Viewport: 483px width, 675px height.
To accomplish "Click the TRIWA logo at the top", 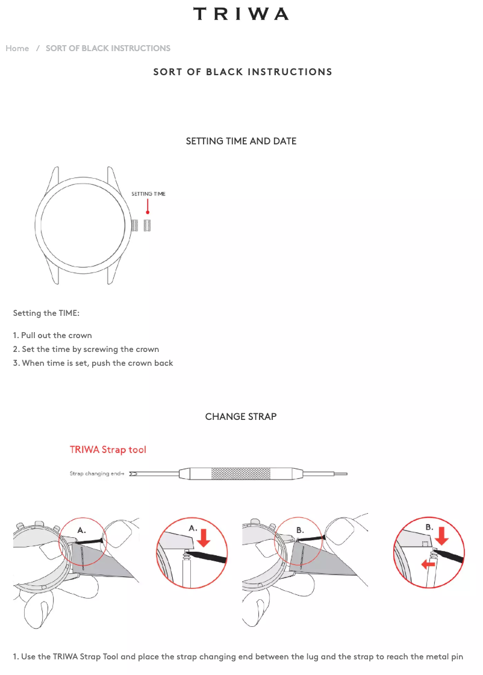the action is (241, 14).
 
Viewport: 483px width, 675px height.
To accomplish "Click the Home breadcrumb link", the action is (17, 48).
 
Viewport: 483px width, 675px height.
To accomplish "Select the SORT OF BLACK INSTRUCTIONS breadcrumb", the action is (108, 48).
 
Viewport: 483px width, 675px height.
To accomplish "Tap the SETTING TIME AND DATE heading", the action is (241, 141).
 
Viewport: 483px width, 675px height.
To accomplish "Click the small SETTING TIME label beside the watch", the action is (148, 194).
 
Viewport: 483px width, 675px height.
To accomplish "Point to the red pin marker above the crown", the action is (148, 206).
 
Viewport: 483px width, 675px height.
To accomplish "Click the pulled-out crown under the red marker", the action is (148, 225).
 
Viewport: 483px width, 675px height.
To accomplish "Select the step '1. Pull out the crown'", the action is (52, 335).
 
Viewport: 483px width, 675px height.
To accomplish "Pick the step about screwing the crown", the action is (86, 349).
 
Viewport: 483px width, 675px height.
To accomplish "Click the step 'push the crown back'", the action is (93, 363).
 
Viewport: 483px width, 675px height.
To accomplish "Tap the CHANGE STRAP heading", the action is (241, 417).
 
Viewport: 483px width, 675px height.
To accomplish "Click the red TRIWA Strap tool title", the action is (108, 450).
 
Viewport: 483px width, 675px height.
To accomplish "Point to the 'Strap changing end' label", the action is (97, 473).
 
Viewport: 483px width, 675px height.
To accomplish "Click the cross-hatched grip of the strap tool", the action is (240, 473).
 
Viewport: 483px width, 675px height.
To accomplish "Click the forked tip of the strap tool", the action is (133, 474).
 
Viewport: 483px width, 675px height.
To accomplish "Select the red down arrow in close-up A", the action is (204, 538).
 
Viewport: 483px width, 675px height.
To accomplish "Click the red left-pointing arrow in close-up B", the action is (428, 564).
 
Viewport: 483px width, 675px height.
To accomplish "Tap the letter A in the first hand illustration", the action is (81, 531).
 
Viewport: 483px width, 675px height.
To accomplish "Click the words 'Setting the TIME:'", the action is (46, 313).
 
